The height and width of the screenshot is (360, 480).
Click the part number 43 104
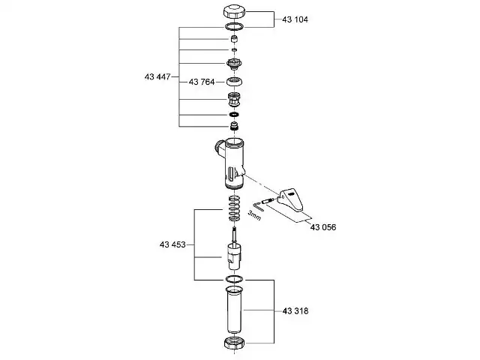pyautogui.click(x=295, y=19)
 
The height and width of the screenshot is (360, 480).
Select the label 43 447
pyautogui.click(x=157, y=76)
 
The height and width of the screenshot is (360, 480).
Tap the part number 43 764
pyautogui.click(x=202, y=82)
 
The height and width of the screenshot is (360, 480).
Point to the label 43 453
pyautogui.click(x=172, y=244)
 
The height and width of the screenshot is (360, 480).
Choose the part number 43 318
pyautogui.click(x=295, y=311)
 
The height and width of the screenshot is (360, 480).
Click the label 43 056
pyautogui.click(x=323, y=227)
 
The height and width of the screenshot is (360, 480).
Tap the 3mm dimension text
pyautogui.click(x=254, y=215)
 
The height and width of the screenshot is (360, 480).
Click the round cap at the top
pyautogui.click(x=235, y=12)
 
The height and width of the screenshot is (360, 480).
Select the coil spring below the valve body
pyautogui.click(x=235, y=208)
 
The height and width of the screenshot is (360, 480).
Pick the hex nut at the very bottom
pyautogui.click(x=235, y=343)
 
